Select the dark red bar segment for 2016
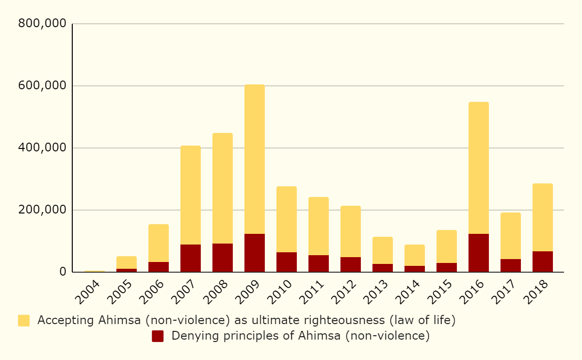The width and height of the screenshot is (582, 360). [x=479, y=253]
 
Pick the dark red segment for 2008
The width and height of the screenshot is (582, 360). [x=223, y=258]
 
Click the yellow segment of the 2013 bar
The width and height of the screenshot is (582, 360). [x=383, y=250]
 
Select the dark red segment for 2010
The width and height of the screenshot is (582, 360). [x=287, y=262]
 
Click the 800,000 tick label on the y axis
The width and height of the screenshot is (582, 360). [x=42, y=24]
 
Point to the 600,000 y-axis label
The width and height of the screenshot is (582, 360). [x=42, y=86]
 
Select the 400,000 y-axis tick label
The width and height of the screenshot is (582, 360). [x=42, y=148]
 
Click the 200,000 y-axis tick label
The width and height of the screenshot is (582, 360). [x=42, y=210]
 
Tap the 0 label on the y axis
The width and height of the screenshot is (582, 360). [x=63, y=272]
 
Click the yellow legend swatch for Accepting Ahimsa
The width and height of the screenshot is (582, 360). [x=24, y=321]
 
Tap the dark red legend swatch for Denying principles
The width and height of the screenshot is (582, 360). [x=158, y=336]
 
